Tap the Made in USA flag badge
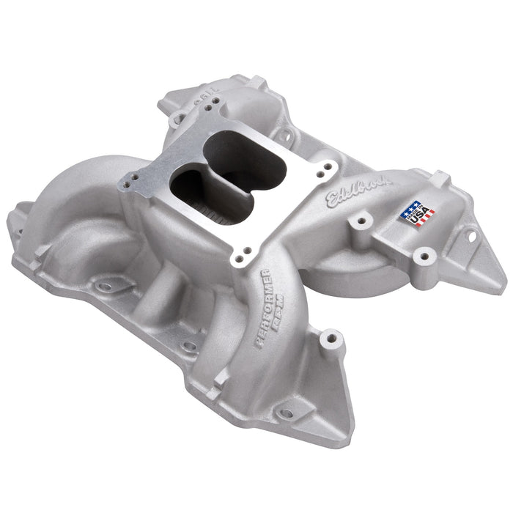point(416,213)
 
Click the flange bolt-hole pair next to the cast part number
point(210,108)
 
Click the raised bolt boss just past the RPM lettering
point(331,339)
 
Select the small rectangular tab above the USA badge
point(440,178)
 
